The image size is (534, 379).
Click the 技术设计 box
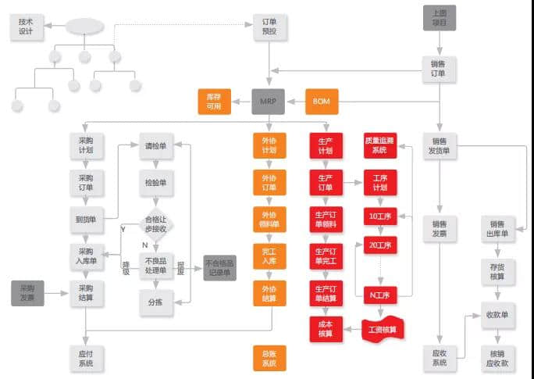coord(27,27)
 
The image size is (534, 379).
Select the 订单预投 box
coord(269,27)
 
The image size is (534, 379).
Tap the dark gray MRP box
coord(269,102)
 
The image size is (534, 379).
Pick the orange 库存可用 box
coord(214,102)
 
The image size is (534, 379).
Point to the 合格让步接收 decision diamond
coord(158,225)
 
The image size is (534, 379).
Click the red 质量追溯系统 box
coord(380,145)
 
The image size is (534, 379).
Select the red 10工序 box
coord(380,216)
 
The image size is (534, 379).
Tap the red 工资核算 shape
coord(387,329)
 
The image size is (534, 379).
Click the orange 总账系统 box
coord(269,359)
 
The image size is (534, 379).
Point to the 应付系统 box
coord(86,357)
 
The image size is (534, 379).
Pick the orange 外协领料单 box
coord(269,220)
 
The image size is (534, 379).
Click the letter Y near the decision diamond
coord(123,229)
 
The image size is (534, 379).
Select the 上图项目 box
coord(439,17)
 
